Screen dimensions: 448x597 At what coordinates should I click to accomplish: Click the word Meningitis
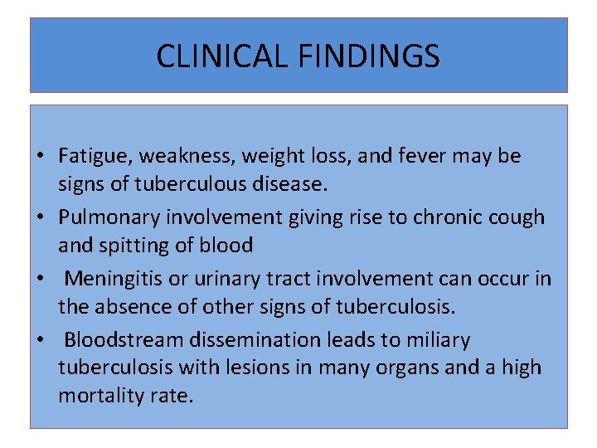pos(114,279)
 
